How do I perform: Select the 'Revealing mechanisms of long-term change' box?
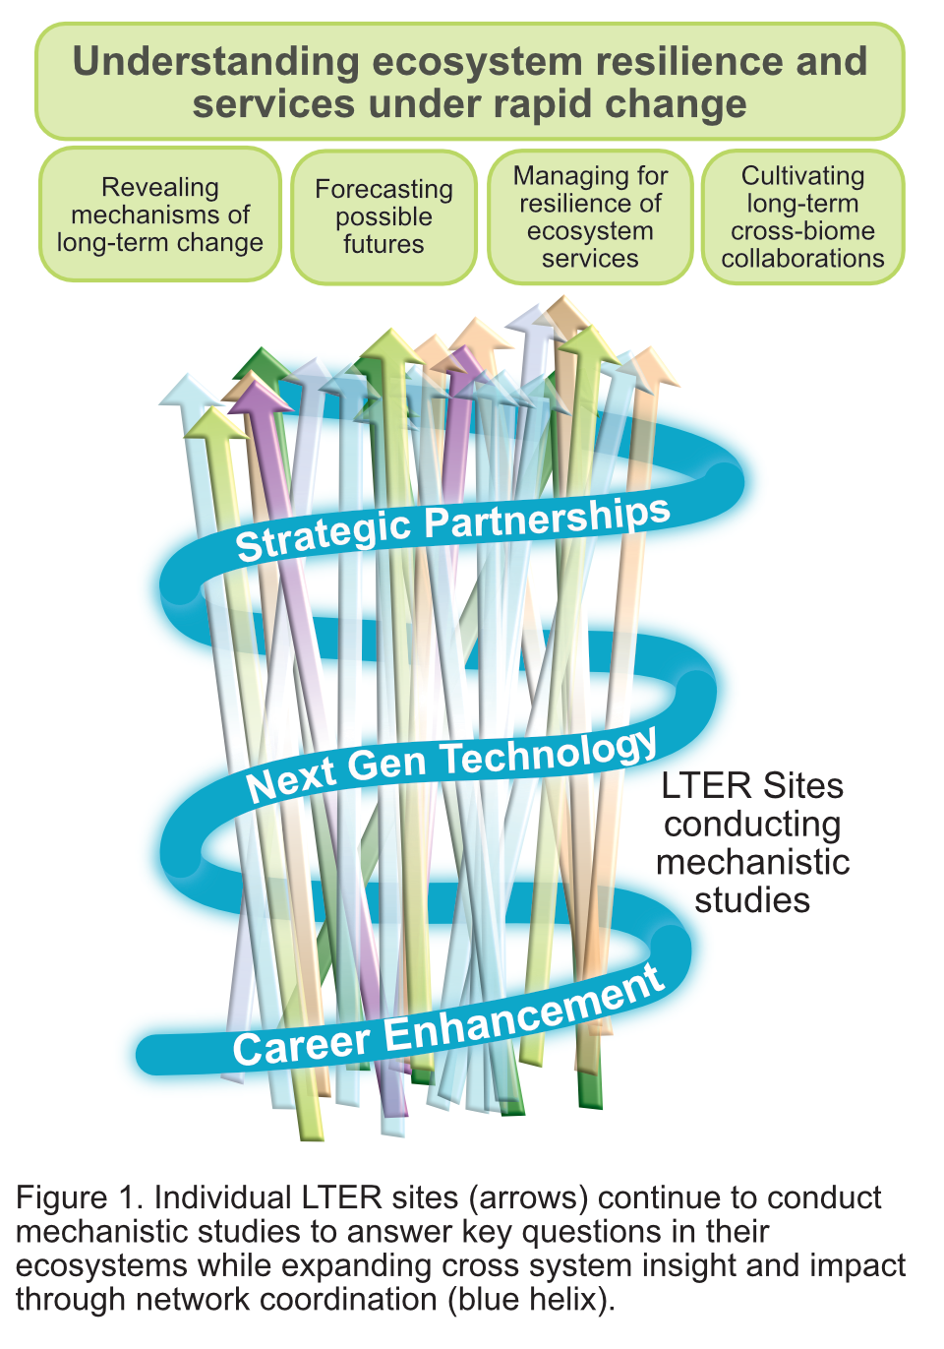(x=160, y=215)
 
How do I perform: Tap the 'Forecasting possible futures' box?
(x=383, y=216)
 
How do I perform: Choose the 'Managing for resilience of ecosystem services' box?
(x=590, y=216)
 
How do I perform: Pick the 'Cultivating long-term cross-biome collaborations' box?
(x=802, y=216)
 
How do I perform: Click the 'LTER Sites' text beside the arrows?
(x=752, y=785)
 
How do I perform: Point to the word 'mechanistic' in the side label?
(x=752, y=862)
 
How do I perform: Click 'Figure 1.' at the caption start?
(x=80, y=1197)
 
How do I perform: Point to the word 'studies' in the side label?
(x=752, y=900)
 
